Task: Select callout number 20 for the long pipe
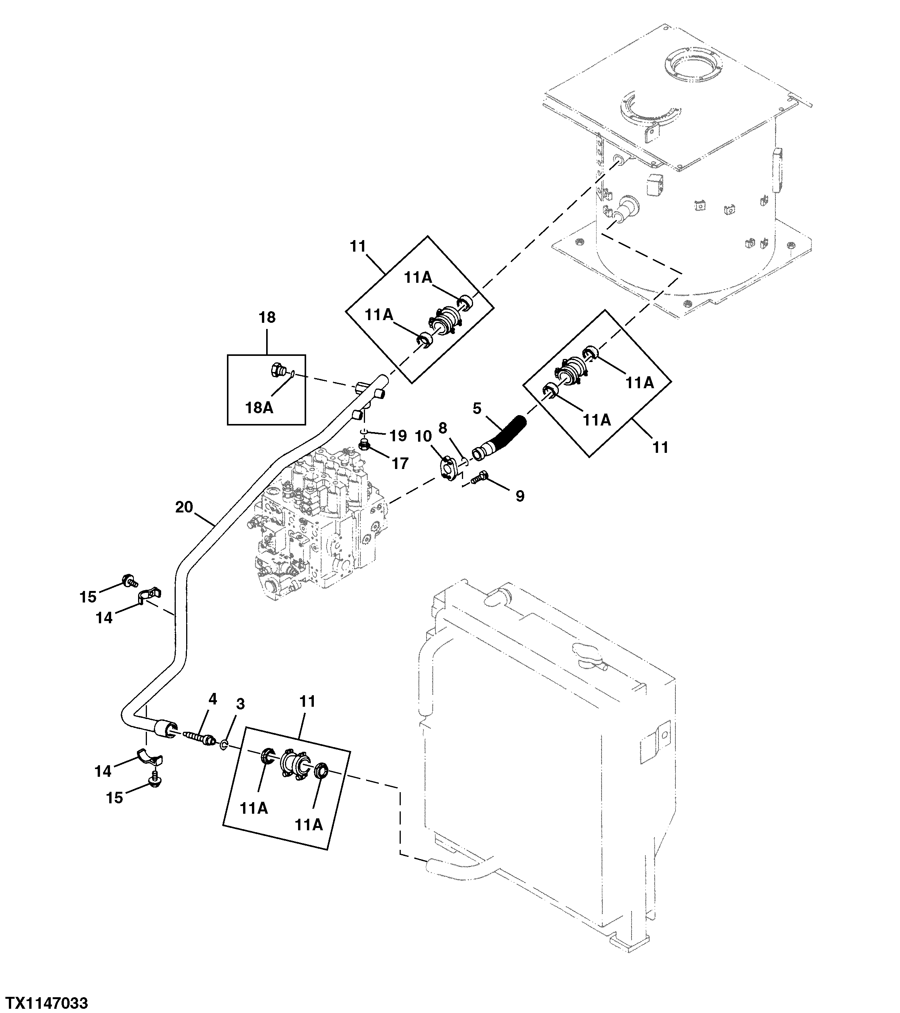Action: click(x=184, y=507)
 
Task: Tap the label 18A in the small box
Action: click(x=260, y=407)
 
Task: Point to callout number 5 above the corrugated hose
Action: click(x=477, y=408)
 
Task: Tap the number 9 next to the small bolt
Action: click(x=520, y=496)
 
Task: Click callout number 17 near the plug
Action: click(x=400, y=463)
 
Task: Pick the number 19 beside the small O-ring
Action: click(x=398, y=436)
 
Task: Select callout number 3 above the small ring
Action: click(x=240, y=704)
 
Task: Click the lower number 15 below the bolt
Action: click(x=114, y=798)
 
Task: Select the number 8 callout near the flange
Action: click(x=443, y=428)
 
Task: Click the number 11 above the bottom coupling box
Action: click(x=307, y=701)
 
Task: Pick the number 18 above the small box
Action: click(x=267, y=317)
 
